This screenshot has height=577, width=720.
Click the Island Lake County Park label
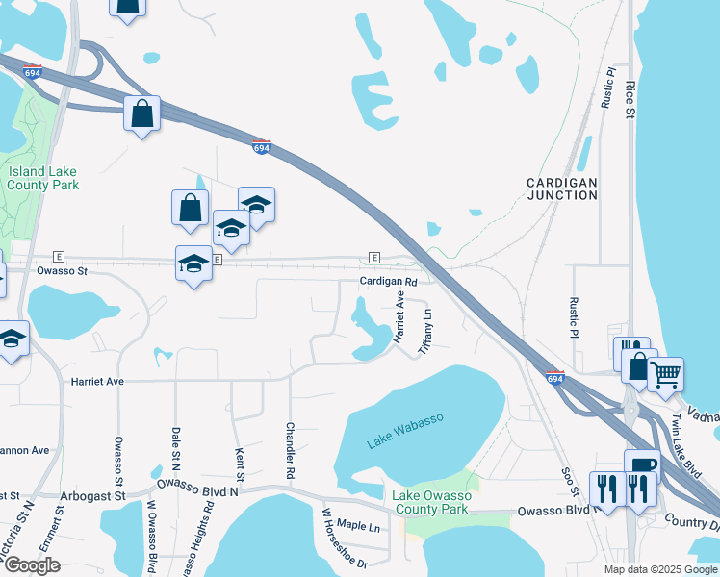click(43, 178)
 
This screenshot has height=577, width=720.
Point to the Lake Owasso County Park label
click(430, 501)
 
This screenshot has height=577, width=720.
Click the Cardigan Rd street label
click(388, 282)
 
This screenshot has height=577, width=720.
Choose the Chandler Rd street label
click(289, 451)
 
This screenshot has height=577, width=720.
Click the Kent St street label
click(240, 463)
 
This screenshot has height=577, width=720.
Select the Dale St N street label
click(176, 449)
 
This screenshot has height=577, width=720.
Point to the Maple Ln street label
click(359, 527)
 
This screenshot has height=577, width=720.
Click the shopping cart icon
click(665, 371)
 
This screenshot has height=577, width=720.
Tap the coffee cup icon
click(642, 464)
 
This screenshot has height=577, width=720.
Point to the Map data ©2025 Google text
click(659, 569)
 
